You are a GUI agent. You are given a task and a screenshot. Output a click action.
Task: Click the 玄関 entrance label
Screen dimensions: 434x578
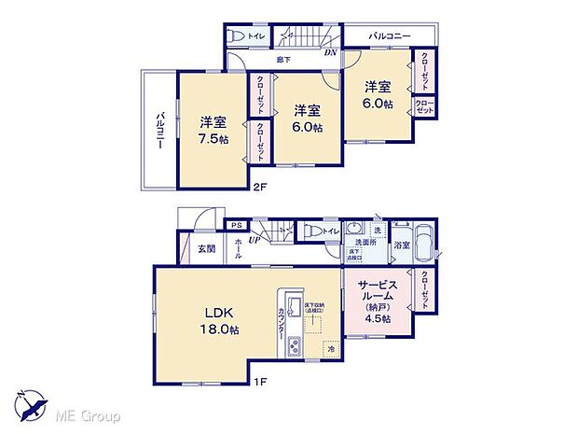[x=206, y=248]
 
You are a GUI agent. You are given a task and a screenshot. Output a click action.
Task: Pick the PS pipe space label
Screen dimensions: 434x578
[x=237, y=225]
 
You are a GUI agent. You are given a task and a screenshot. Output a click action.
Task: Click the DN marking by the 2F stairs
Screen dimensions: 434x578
[x=330, y=53]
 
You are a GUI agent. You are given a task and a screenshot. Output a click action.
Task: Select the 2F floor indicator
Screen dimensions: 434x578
[x=262, y=187]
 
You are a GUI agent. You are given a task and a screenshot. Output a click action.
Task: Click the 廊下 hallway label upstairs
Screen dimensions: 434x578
[x=282, y=61]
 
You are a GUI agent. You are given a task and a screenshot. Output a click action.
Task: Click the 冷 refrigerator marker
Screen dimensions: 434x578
[x=332, y=350]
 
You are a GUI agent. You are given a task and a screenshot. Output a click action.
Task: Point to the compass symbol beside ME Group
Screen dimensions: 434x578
[x=34, y=407]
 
